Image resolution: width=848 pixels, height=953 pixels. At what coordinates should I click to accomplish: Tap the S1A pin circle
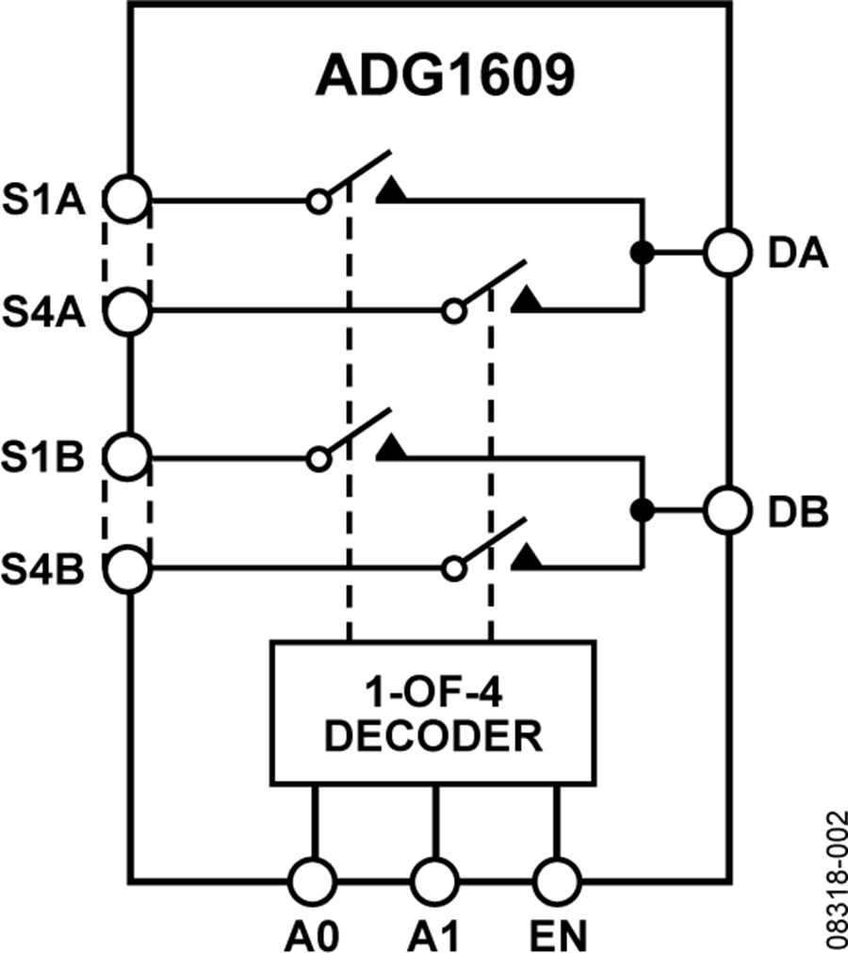(x=126, y=200)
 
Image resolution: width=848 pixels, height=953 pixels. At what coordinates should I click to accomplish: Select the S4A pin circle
(x=126, y=310)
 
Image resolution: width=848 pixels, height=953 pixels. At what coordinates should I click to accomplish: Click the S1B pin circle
(x=126, y=458)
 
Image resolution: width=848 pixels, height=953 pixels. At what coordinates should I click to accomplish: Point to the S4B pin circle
(x=126, y=568)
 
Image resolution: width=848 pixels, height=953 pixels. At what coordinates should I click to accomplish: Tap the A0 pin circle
(x=312, y=881)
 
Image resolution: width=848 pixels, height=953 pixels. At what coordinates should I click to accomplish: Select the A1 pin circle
(x=434, y=881)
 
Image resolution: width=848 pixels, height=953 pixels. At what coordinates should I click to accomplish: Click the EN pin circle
(x=557, y=881)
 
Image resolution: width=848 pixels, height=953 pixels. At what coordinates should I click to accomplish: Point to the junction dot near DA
(x=642, y=254)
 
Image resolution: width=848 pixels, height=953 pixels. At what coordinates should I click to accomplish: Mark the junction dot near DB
(x=642, y=511)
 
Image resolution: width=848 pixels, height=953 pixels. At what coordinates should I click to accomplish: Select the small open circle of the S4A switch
(x=455, y=310)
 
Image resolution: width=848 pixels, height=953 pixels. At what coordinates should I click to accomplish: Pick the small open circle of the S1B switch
(x=318, y=458)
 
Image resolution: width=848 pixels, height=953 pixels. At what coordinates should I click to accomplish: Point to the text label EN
(x=558, y=936)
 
